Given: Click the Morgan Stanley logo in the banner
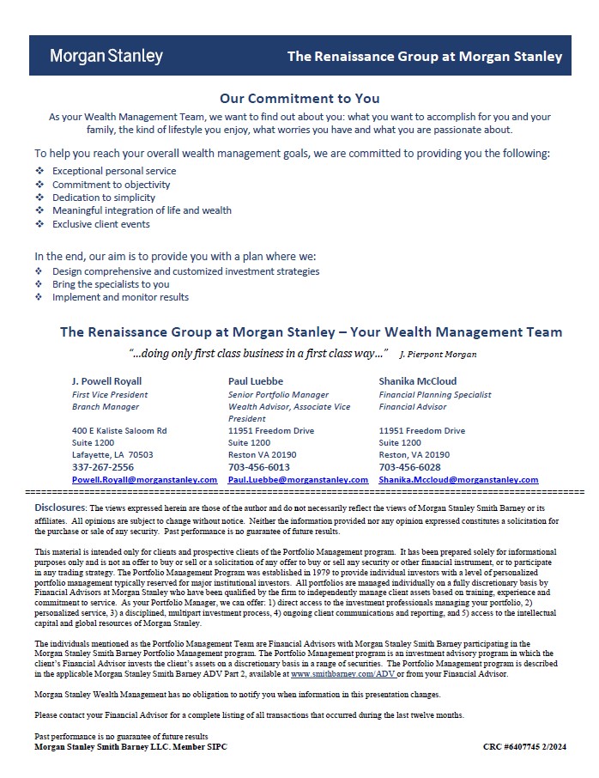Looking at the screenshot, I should [106, 57].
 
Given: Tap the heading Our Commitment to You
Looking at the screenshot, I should [299, 99].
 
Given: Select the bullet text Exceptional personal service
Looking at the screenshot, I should [114, 171].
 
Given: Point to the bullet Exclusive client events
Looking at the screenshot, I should [101, 224].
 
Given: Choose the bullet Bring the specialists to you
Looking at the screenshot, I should [111, 284].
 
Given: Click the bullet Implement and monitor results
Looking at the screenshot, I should [120, 297].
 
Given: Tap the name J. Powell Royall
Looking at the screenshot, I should [107, 381].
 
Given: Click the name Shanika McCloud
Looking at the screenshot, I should [418, 381].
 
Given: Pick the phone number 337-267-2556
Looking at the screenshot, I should [103, 467].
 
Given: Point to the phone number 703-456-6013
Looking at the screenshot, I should [259, 467].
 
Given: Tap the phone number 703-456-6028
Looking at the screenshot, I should [409, 467].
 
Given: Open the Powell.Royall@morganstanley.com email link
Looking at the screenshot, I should [144, 480].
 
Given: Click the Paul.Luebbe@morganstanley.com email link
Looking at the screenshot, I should [298, 480].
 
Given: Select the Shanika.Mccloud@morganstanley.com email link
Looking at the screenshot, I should [458, 480].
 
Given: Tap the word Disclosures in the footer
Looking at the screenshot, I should [58, 508].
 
